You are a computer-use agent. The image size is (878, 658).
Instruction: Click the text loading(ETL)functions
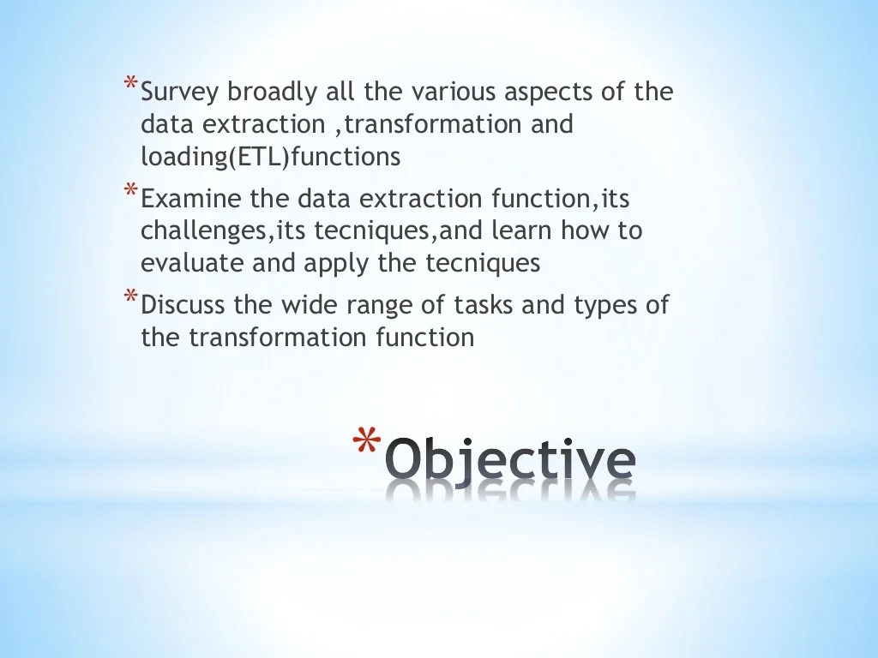(x=270, y=158)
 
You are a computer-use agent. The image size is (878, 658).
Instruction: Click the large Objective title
(x=509, y=461)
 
